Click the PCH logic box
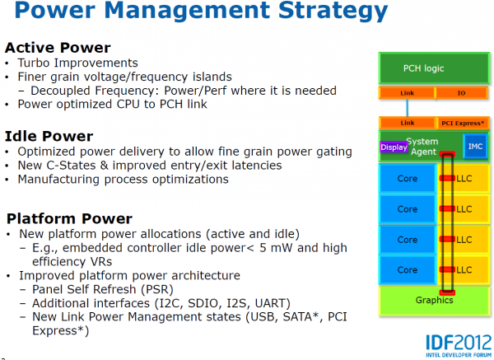(434, 68)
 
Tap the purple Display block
(394, 147)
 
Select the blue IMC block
(475, 147)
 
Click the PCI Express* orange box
(462, 123)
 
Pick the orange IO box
(461, 93)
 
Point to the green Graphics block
(434, 301)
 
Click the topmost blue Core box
(408, 179)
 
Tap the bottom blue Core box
(408, 270)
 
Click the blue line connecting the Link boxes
(408, 108)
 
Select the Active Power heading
(58, 48)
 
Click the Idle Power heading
(49, 136)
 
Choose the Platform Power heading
(69, 218)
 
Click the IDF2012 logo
(459, 345)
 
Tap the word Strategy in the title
(333, 10)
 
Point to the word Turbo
(34, 63)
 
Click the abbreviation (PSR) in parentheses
(157, 289)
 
